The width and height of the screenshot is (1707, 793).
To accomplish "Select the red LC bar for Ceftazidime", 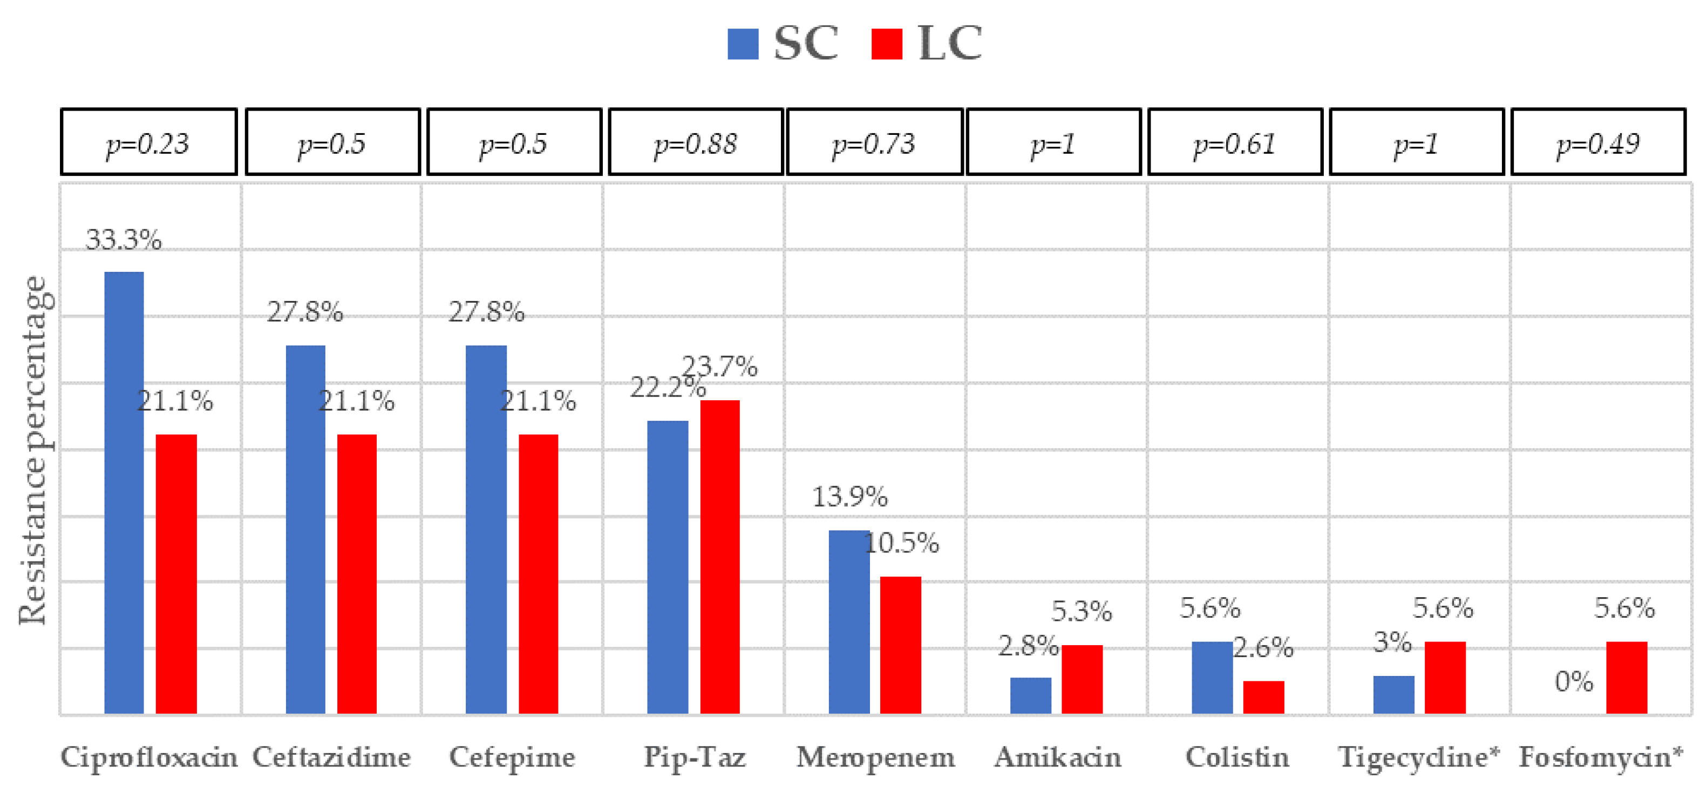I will [x=357, y=574].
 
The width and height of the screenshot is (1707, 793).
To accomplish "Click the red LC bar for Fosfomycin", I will [x=1626, y=677].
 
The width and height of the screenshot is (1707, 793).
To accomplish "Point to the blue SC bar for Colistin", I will [x=1212, y=677].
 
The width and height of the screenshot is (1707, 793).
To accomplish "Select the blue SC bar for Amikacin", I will [x=1030, y=695].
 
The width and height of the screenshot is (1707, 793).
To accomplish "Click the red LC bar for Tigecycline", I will [x=1445, y=677].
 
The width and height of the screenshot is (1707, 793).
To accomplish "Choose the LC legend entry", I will [x=927, y=44].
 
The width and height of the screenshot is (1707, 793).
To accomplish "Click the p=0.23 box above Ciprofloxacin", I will [x=148, y=142].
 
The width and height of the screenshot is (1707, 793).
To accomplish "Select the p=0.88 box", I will [x=696, y=142].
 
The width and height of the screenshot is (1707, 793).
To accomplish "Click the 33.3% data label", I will [x=124, y=240].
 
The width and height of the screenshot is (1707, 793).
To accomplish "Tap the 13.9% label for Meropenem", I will [x=849, y=497].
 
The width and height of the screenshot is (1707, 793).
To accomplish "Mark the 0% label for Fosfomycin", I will [x=1574, y=682].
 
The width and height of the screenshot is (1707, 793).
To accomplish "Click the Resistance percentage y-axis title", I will [x=33, y=450].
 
